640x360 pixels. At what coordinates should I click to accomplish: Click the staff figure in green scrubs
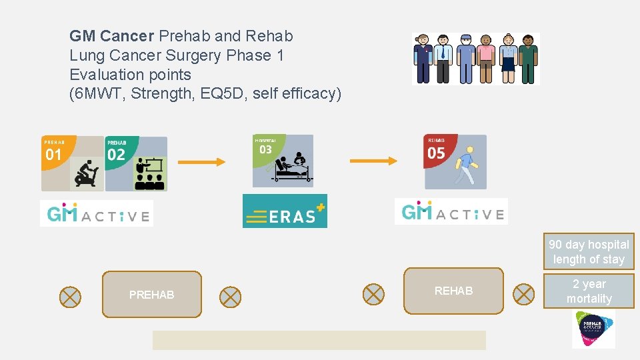pos(528,59)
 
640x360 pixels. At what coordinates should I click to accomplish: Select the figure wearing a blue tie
pos(443,59)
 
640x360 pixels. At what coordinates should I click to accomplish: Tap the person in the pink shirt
pos(487,59)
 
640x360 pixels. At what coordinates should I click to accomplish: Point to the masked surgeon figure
pos(465,59)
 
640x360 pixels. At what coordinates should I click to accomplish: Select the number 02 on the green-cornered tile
pos(116,155)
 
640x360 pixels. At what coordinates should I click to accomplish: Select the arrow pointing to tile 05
pos(373,160)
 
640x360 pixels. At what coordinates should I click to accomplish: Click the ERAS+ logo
pos(285,211)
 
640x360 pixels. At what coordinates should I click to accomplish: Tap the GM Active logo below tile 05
pos(451,212)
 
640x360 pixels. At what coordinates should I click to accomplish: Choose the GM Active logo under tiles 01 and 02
pos(97,213)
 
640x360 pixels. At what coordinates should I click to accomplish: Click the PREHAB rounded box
pos(151,294)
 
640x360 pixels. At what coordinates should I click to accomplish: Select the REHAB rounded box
pos(453,291)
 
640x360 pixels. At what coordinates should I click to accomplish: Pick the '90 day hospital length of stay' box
pos(589,252)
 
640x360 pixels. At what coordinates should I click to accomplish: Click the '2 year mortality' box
pos(589,291)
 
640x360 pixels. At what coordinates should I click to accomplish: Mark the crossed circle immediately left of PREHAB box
pos(70,297)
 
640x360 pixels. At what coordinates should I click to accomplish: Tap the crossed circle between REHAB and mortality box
pos(524,293)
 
